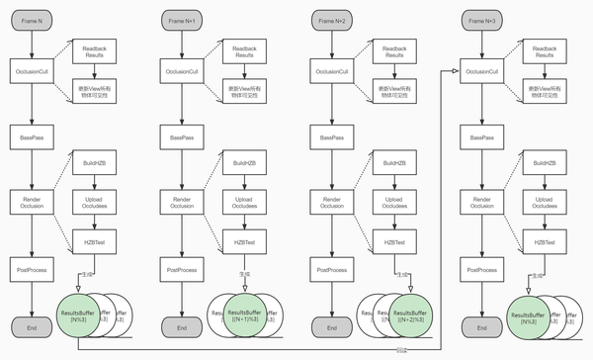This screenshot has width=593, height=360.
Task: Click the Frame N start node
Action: point(32,20)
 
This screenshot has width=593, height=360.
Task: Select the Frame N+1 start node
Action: point(182,20)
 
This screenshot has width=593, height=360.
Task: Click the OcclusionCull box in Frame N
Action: point(32,71)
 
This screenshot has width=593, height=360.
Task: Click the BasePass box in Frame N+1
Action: point(182,136)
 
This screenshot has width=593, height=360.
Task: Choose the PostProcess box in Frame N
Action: point(32,269)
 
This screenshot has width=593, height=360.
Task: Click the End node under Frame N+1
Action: point(182,326)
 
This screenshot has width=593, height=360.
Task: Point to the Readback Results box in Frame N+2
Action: point(393,51)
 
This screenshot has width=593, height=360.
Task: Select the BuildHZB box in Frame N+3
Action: point(544,163)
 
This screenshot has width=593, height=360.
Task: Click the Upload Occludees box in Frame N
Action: point(93,203)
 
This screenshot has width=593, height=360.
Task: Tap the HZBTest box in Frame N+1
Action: point(243,242)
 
